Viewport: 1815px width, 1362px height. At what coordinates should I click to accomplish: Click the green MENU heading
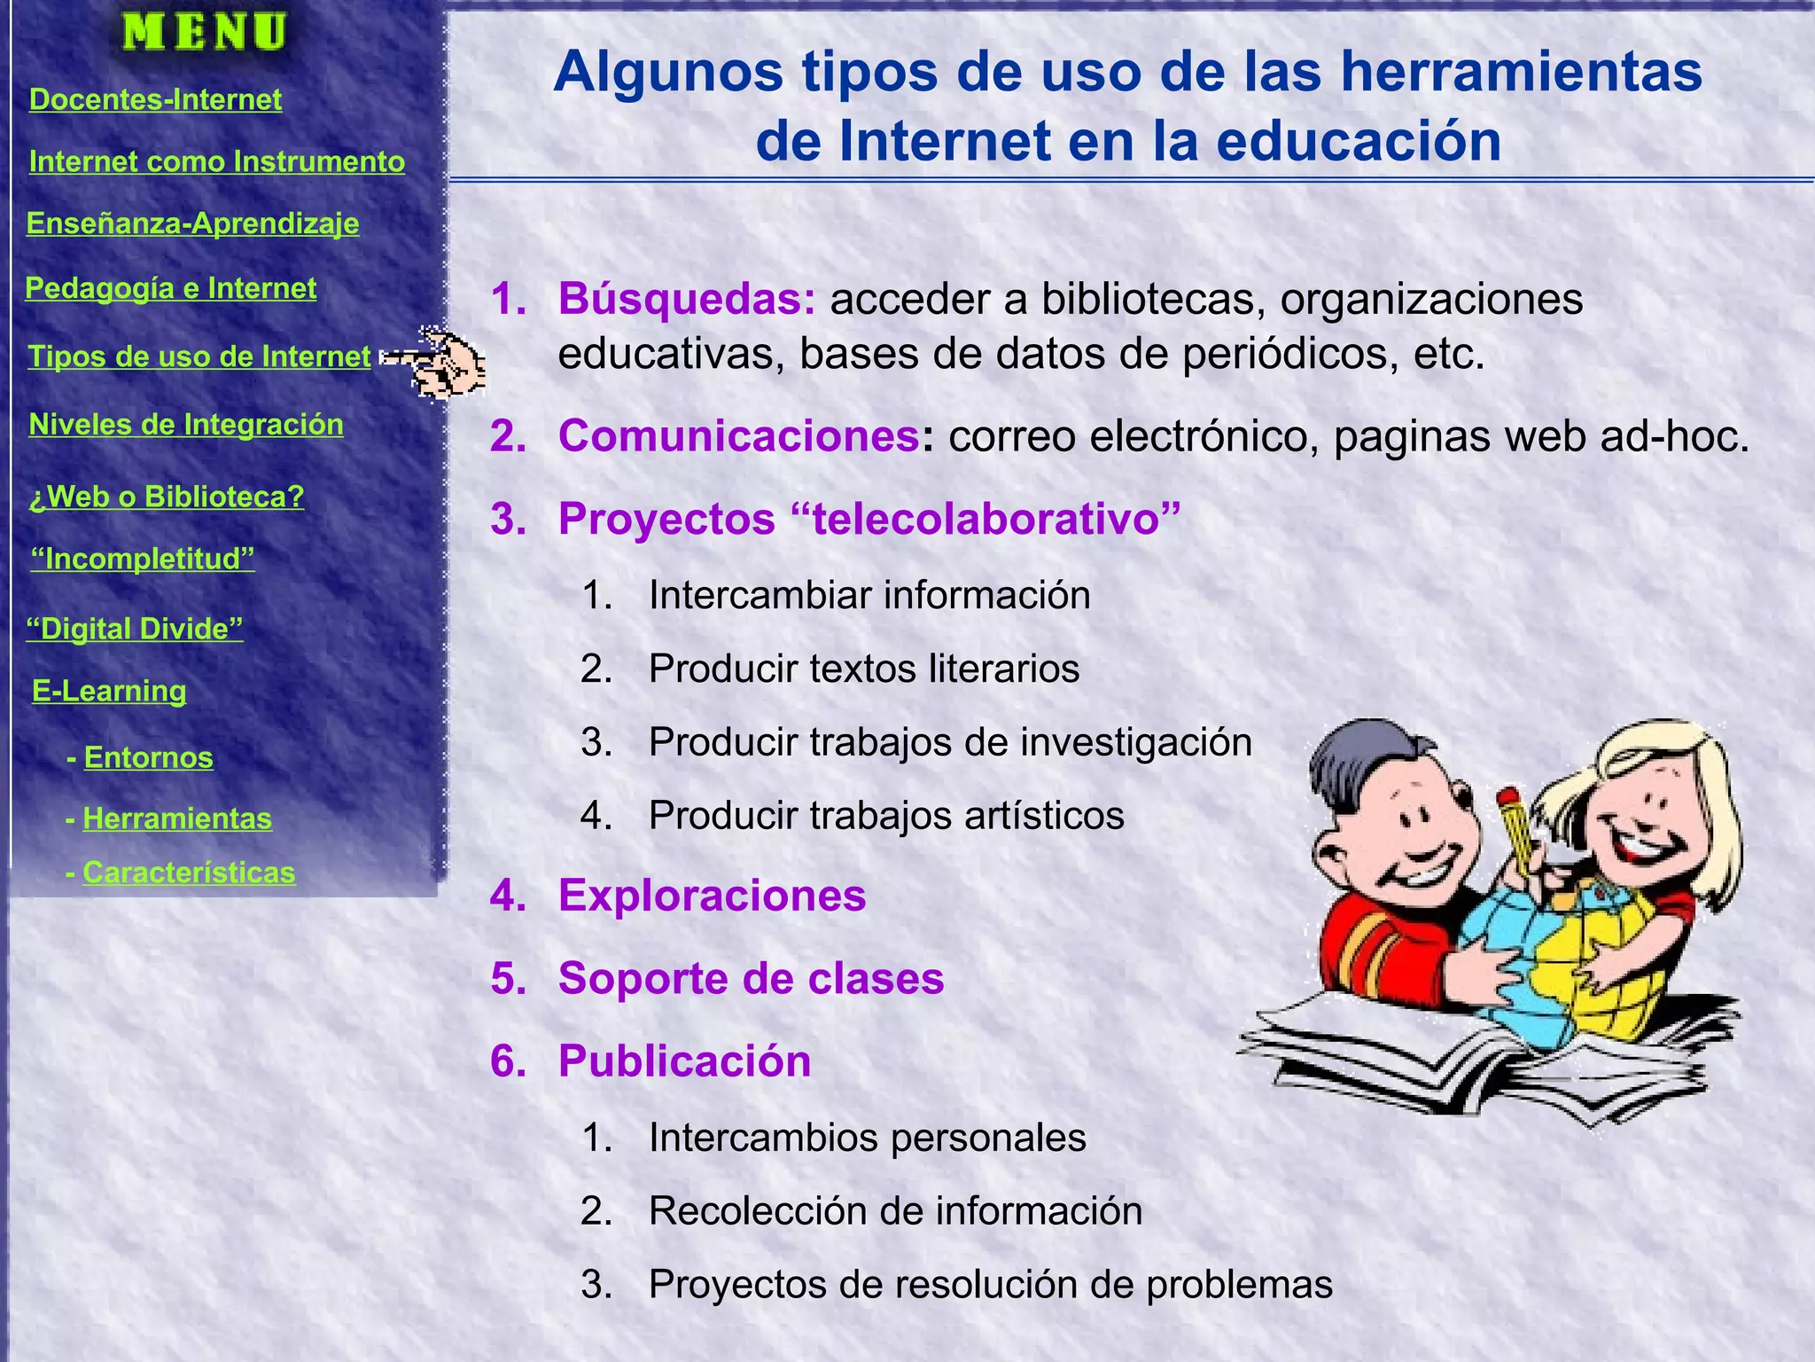tap(205, 32)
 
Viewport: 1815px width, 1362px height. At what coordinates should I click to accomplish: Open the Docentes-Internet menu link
tap(155, 99)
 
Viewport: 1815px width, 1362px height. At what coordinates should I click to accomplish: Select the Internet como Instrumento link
tap(216, 161)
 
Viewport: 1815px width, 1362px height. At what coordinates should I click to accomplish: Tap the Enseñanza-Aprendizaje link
tap(192, 223)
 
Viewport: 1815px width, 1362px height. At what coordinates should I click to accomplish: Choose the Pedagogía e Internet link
tap(170, 288)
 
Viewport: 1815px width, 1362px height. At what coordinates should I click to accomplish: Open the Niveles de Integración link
tap(186, 425)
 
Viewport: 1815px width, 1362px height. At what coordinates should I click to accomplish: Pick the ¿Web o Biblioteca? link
tap(166, 497)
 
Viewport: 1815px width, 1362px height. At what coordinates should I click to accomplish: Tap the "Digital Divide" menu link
tap(134, 629)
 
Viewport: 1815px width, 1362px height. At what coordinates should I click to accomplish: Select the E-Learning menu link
tap(109, 691)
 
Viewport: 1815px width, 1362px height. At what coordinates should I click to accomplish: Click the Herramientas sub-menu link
tap(177, 818)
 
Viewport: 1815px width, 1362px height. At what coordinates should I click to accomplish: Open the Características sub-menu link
tap(189, 873)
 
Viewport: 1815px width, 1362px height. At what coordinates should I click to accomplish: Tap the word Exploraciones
tap(712, 896)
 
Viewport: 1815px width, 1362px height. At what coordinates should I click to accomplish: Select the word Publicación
tap(684, 1061)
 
